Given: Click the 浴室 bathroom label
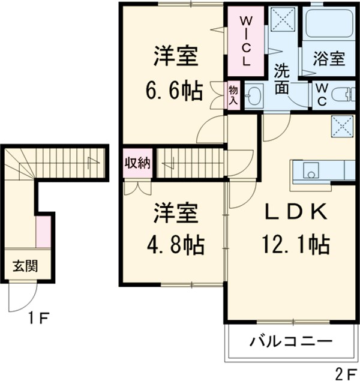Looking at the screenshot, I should coord(329,59).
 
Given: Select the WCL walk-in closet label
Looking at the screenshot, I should coord(246,41).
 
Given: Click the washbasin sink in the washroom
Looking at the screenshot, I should coord(254,96).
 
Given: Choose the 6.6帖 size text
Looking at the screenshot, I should coord(175,92).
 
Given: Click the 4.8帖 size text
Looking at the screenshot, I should coord(175,244).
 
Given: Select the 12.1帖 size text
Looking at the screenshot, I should coord(294,244).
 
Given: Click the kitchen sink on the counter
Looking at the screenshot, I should coord(311,170).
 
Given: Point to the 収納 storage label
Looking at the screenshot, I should coord(137,162).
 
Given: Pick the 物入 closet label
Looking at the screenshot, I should coord(233,95).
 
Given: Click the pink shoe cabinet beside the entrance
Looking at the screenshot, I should coord(43,232).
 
